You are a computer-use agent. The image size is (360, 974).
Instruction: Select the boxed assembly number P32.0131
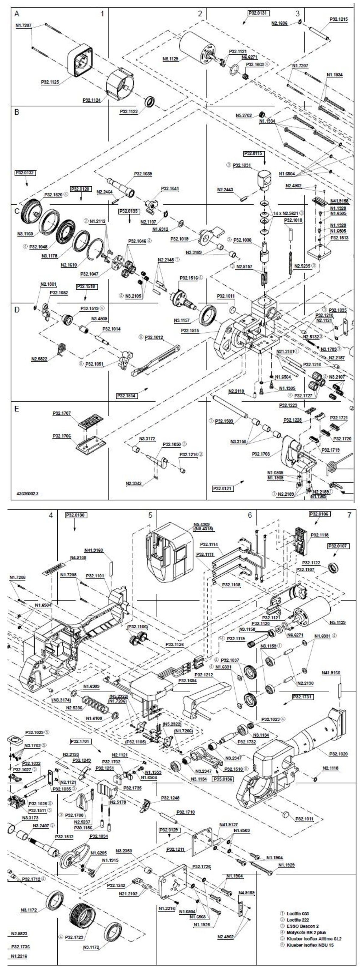point(259,13)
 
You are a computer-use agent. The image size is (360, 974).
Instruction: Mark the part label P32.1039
point(143,174)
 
